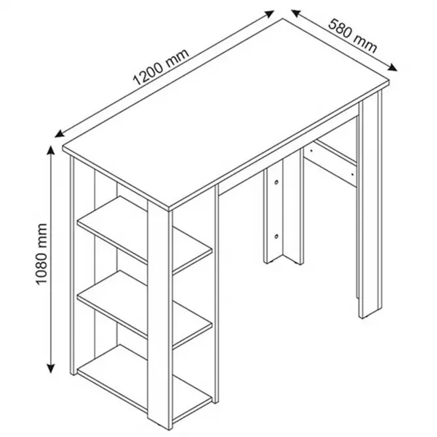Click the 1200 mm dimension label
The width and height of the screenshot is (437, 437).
(162, 67)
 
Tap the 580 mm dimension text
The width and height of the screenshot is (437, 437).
(352, 36)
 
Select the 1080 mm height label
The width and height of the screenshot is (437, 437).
(42, 254)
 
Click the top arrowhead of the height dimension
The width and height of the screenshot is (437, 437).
(51, 150)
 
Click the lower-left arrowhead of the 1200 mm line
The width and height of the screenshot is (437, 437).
(60, 134)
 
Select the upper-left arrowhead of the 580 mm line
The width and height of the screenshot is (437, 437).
(296, 13)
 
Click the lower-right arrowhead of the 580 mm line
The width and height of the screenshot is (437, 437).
(392, 68)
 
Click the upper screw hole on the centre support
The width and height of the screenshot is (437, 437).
(276, 183)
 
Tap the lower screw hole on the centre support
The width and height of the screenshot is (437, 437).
(276, 237)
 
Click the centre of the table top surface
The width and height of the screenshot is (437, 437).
(226, 113)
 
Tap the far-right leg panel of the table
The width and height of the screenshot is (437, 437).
(370, 205)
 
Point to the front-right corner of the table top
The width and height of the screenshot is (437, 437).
(388, 81)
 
